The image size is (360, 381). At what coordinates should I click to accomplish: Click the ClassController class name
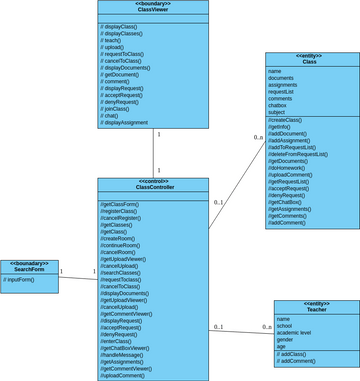point(152,186)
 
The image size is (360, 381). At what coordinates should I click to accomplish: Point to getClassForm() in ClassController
point(120,204)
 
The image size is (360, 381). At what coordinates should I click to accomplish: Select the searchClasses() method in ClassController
point(122,273)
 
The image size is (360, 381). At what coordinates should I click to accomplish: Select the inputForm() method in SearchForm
point(19,280)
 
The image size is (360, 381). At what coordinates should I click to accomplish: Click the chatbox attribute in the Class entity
point(280,104)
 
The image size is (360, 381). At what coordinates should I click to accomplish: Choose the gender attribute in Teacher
point(287,339)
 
